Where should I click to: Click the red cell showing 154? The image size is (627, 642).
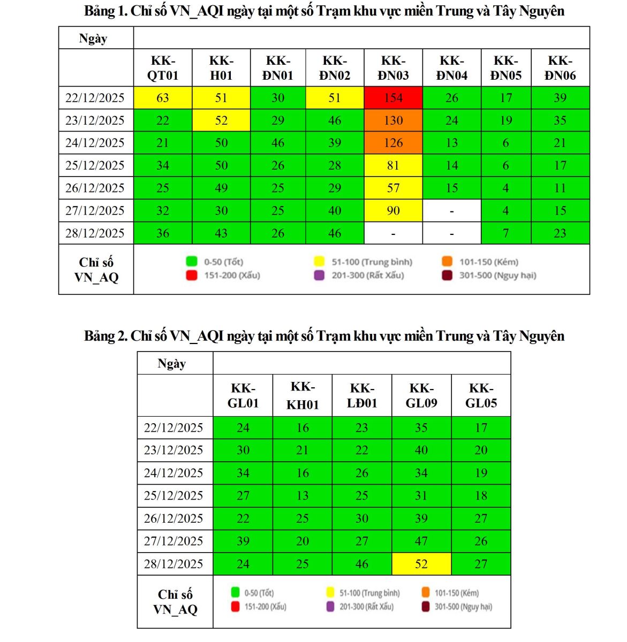tap(393, 98)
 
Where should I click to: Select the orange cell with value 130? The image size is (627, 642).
tap(393, 120)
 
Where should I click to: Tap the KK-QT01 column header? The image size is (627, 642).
tap(162, 68)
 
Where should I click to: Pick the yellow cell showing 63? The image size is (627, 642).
tap(162, 98)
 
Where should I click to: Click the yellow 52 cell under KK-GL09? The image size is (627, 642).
tap(421, 564)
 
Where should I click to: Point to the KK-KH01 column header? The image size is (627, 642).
tap(303, 395)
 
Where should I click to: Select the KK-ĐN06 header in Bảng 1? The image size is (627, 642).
tap(560, 68)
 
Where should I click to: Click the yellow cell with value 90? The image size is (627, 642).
tap(393, 211)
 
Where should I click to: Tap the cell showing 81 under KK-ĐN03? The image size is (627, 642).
tap(393, 165)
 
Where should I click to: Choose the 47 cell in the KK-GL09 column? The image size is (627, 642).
tap(421, 541)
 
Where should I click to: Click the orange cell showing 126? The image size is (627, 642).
tap(393, 143)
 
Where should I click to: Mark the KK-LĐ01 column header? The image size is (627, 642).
tap(362, 395)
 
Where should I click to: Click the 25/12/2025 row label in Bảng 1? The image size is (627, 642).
tap(95, 165)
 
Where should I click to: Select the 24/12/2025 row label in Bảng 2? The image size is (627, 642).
tap(173, 473)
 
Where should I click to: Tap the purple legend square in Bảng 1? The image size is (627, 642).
tap(319, 276)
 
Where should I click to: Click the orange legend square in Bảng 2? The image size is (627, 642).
tap(426, 592)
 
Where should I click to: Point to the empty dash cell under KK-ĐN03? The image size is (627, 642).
tap(393, 234)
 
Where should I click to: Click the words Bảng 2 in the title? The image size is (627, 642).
tap(104, 336)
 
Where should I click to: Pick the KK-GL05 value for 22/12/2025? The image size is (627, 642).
tap(481, 428)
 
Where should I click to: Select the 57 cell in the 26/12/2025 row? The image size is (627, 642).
tap(393, 188)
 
